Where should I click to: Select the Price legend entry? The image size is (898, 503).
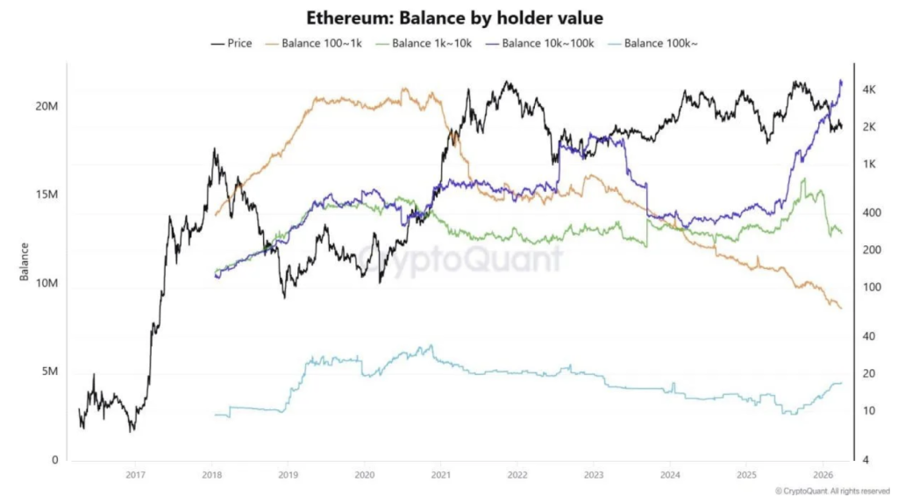[x=232, y=43]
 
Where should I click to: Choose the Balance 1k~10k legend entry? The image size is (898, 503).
[x=426, y=43]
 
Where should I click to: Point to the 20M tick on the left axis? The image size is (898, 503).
[x=46, y=106]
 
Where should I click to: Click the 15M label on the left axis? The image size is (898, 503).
[x=46, y=195]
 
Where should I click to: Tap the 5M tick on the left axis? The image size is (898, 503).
[x=49, y=372]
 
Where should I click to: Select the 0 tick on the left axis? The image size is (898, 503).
[x=54, y=460]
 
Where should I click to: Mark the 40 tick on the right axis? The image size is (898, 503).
[x=869, y=336]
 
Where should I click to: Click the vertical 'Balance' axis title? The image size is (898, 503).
[x=25, y=263]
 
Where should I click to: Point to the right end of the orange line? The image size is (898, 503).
[x=840, y=308]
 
